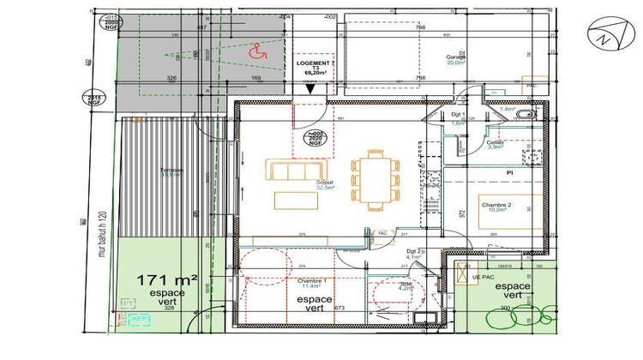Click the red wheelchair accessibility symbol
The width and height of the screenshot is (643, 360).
[x=255, y=52]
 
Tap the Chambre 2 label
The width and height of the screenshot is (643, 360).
[x=496, y=206]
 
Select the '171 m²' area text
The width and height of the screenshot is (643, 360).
[x=167, y=279]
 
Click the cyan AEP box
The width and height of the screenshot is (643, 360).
[x=141, y=319]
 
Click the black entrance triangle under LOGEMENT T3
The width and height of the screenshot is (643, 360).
[x=308, y=87]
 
